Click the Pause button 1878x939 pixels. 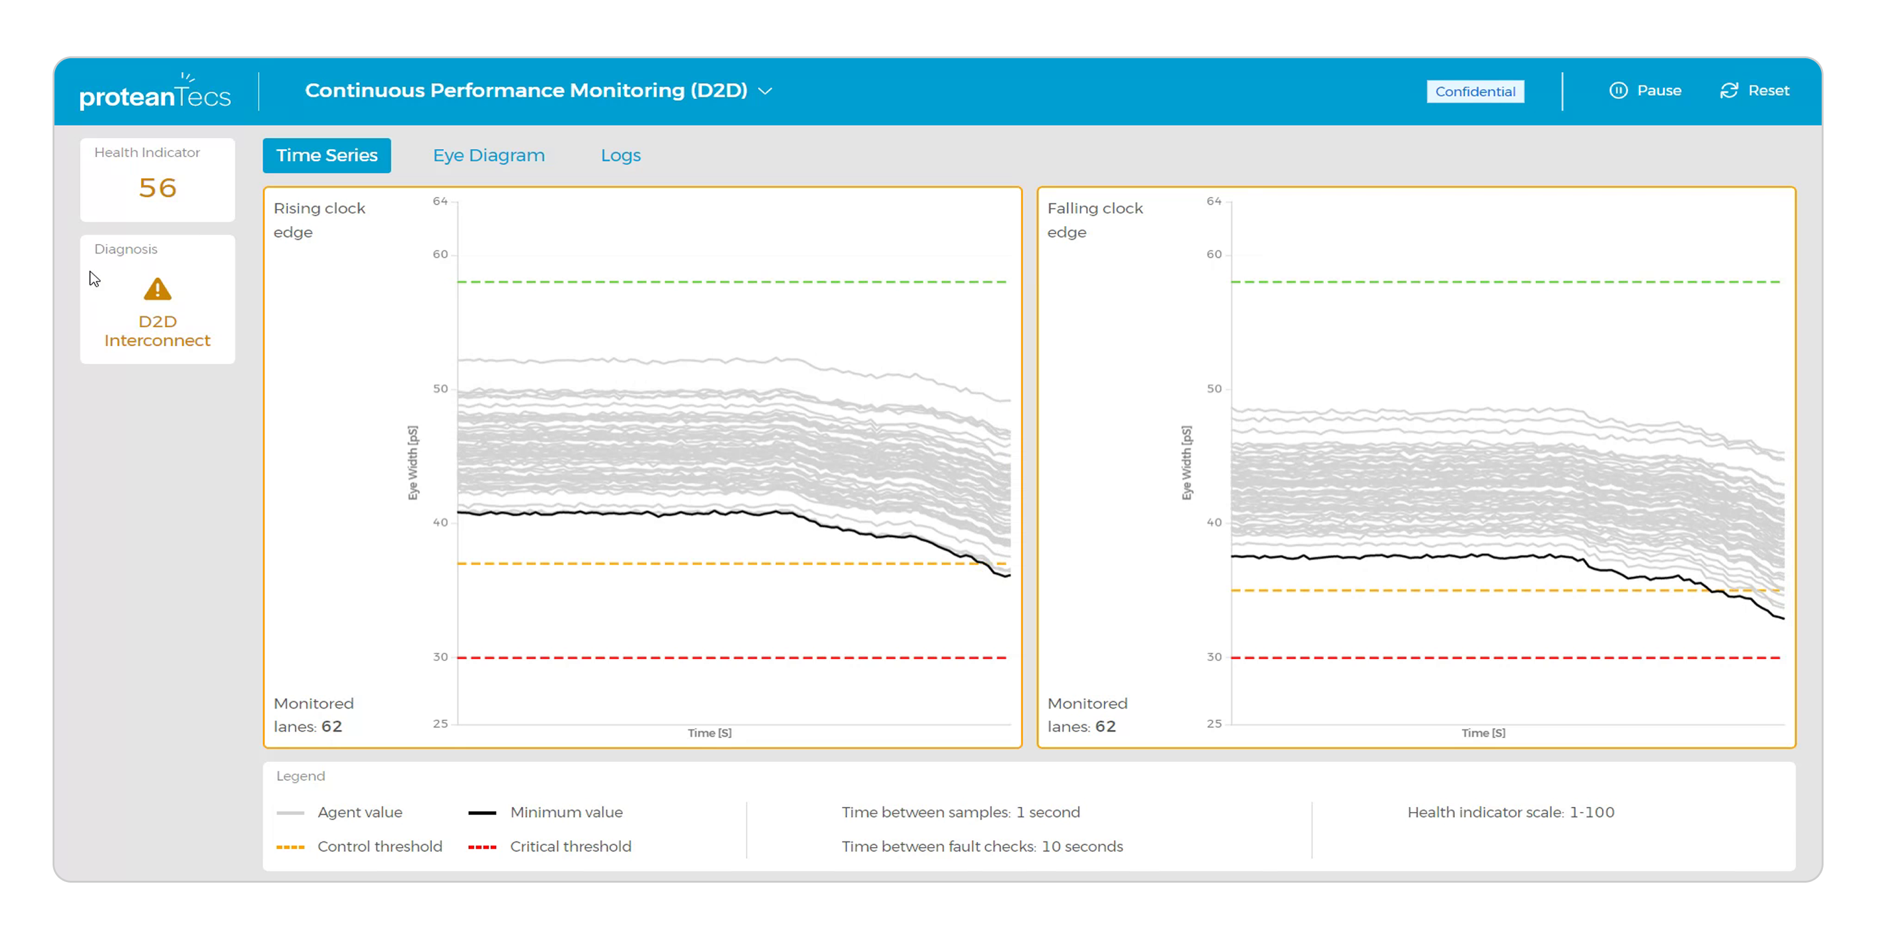[x=1645, y=90]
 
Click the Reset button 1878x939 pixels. [x=1755, y=90]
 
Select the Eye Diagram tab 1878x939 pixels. [x=488, y=155]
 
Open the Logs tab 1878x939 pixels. [x=620, y=155]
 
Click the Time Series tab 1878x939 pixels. [x=327, y=155]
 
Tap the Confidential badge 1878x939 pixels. [x=1475, y=91]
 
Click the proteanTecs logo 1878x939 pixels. [x=155, y=93]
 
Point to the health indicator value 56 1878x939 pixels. [x=158, y=188]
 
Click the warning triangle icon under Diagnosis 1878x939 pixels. [x=158, y=289]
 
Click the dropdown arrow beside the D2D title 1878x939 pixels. [x=765, y=91]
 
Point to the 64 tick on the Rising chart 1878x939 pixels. [x=439, y=201]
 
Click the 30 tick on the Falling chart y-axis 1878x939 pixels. [x=1213, y=657]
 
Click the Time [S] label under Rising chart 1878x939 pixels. [x=709, y=732]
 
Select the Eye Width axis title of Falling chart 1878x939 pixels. [x=1186, y=463]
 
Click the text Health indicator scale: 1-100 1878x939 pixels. [x=1511, y=812]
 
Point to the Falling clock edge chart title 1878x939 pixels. [x=1094, y=220]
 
